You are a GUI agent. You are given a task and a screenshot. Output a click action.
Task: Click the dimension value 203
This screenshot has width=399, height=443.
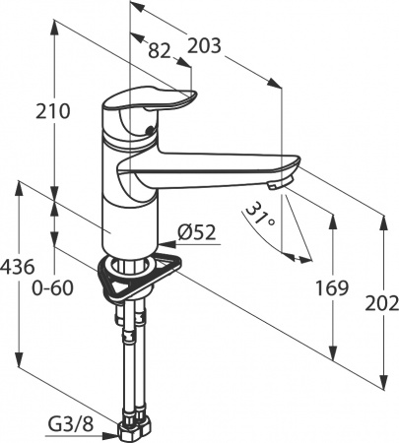pyautogui.click(x=204, y=45)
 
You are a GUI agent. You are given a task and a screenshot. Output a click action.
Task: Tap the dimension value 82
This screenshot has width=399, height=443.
pyautogui.click(x=160, y=51)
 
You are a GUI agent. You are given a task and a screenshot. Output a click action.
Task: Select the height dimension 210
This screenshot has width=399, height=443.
pyautogui.click(x=53, y=111)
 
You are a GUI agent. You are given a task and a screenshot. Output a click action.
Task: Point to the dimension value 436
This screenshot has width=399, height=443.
pyautogui.click(x=17, y=266)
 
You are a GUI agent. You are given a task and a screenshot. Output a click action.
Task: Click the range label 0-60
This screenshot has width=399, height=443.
pyautogui.click(x=52, y=288)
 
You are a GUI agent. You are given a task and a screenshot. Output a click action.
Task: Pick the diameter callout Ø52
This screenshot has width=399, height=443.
pyautogui.click(x=197, y=232)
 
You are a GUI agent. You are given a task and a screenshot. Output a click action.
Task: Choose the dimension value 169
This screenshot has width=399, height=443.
pyautogui.click(x=332, y=288)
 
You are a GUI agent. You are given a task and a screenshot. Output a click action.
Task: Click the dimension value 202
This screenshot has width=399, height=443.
pyautogui.click(x=382, y=304)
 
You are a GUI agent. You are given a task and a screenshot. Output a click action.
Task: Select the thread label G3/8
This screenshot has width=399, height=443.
pyautogui.click(x=71, y=424)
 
